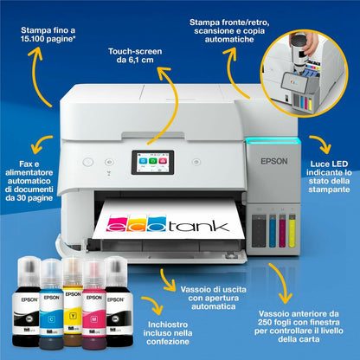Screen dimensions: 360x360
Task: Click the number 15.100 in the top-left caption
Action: point(32,39)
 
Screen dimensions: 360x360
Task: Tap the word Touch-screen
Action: point(135,51)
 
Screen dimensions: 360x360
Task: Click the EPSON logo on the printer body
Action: point(274,161)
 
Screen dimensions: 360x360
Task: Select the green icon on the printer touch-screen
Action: point(153,161)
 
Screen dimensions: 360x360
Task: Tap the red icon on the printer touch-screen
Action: point(163,161)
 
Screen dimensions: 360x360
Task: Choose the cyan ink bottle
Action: point(51,304)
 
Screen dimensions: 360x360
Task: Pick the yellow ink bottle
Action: point(73,301)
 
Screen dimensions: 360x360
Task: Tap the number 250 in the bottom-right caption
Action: point(265,322)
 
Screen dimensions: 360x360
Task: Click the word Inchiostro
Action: point(168,325)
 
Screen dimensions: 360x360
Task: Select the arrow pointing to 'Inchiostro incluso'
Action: point(154,303)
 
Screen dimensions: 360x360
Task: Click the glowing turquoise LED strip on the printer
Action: point(273,140)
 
